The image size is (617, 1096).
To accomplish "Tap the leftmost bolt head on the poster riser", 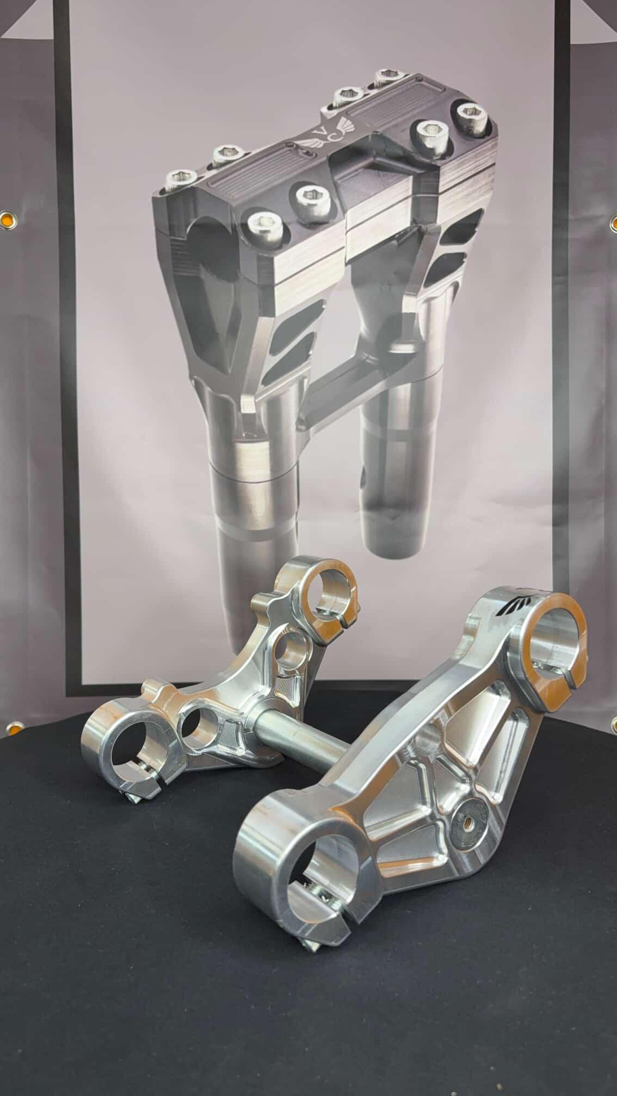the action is [184, 179].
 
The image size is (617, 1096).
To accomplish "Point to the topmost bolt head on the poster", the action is [388, 77].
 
